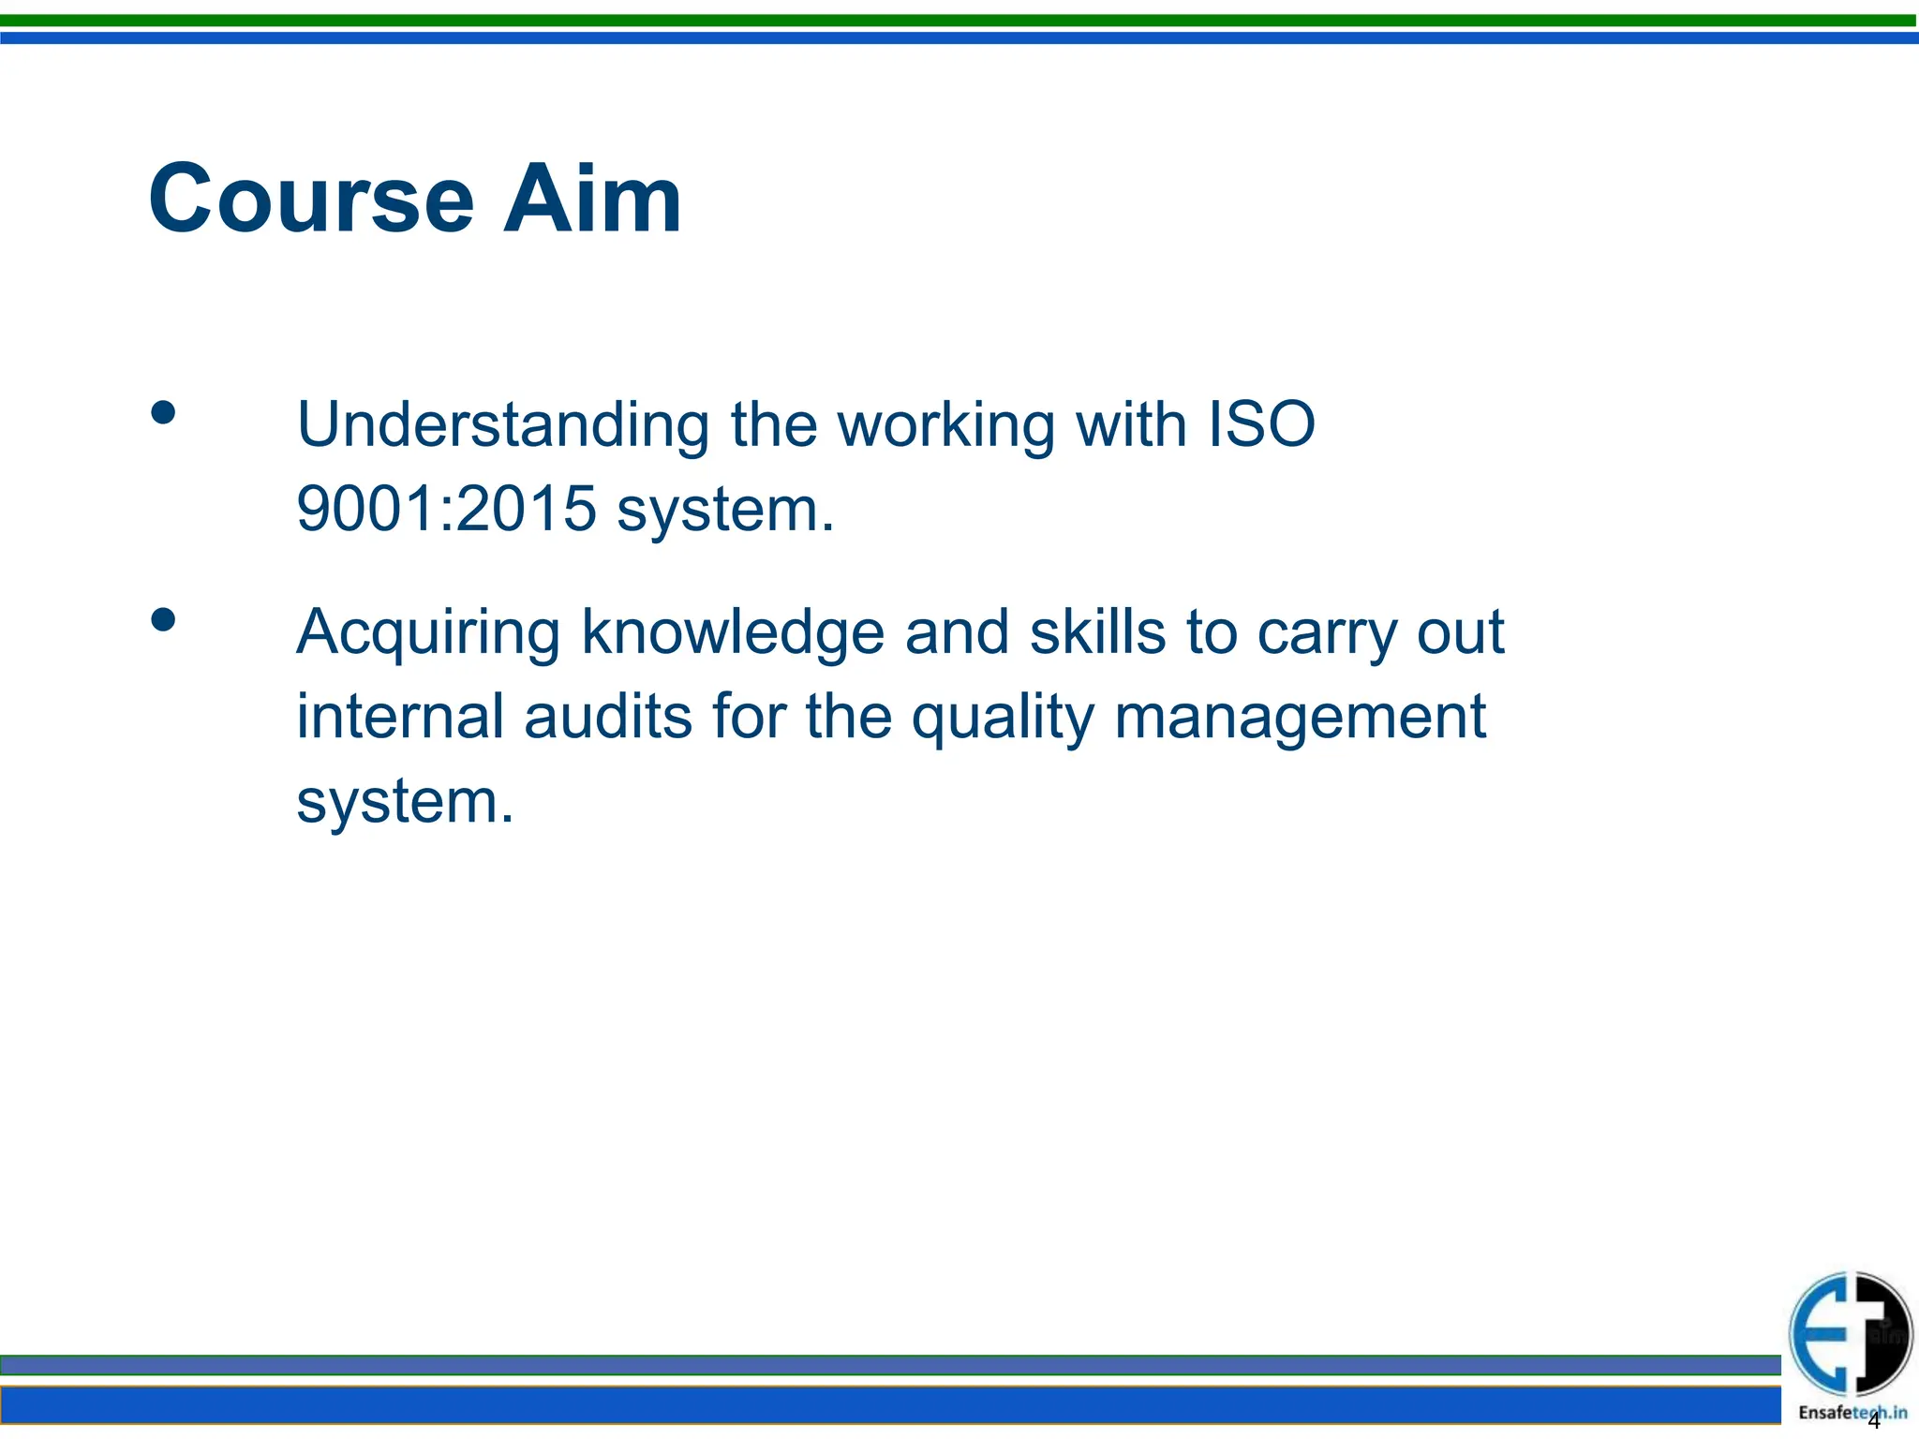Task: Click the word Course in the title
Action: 311,200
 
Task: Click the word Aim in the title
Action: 591,200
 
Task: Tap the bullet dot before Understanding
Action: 163,413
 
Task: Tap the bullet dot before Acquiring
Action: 163,620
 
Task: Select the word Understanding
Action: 503,425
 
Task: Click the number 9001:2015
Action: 446,509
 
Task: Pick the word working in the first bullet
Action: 945,427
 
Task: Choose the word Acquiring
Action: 428,633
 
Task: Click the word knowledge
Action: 733,633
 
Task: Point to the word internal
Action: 400,717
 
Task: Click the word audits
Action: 608,717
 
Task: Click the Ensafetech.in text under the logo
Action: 1852,1413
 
